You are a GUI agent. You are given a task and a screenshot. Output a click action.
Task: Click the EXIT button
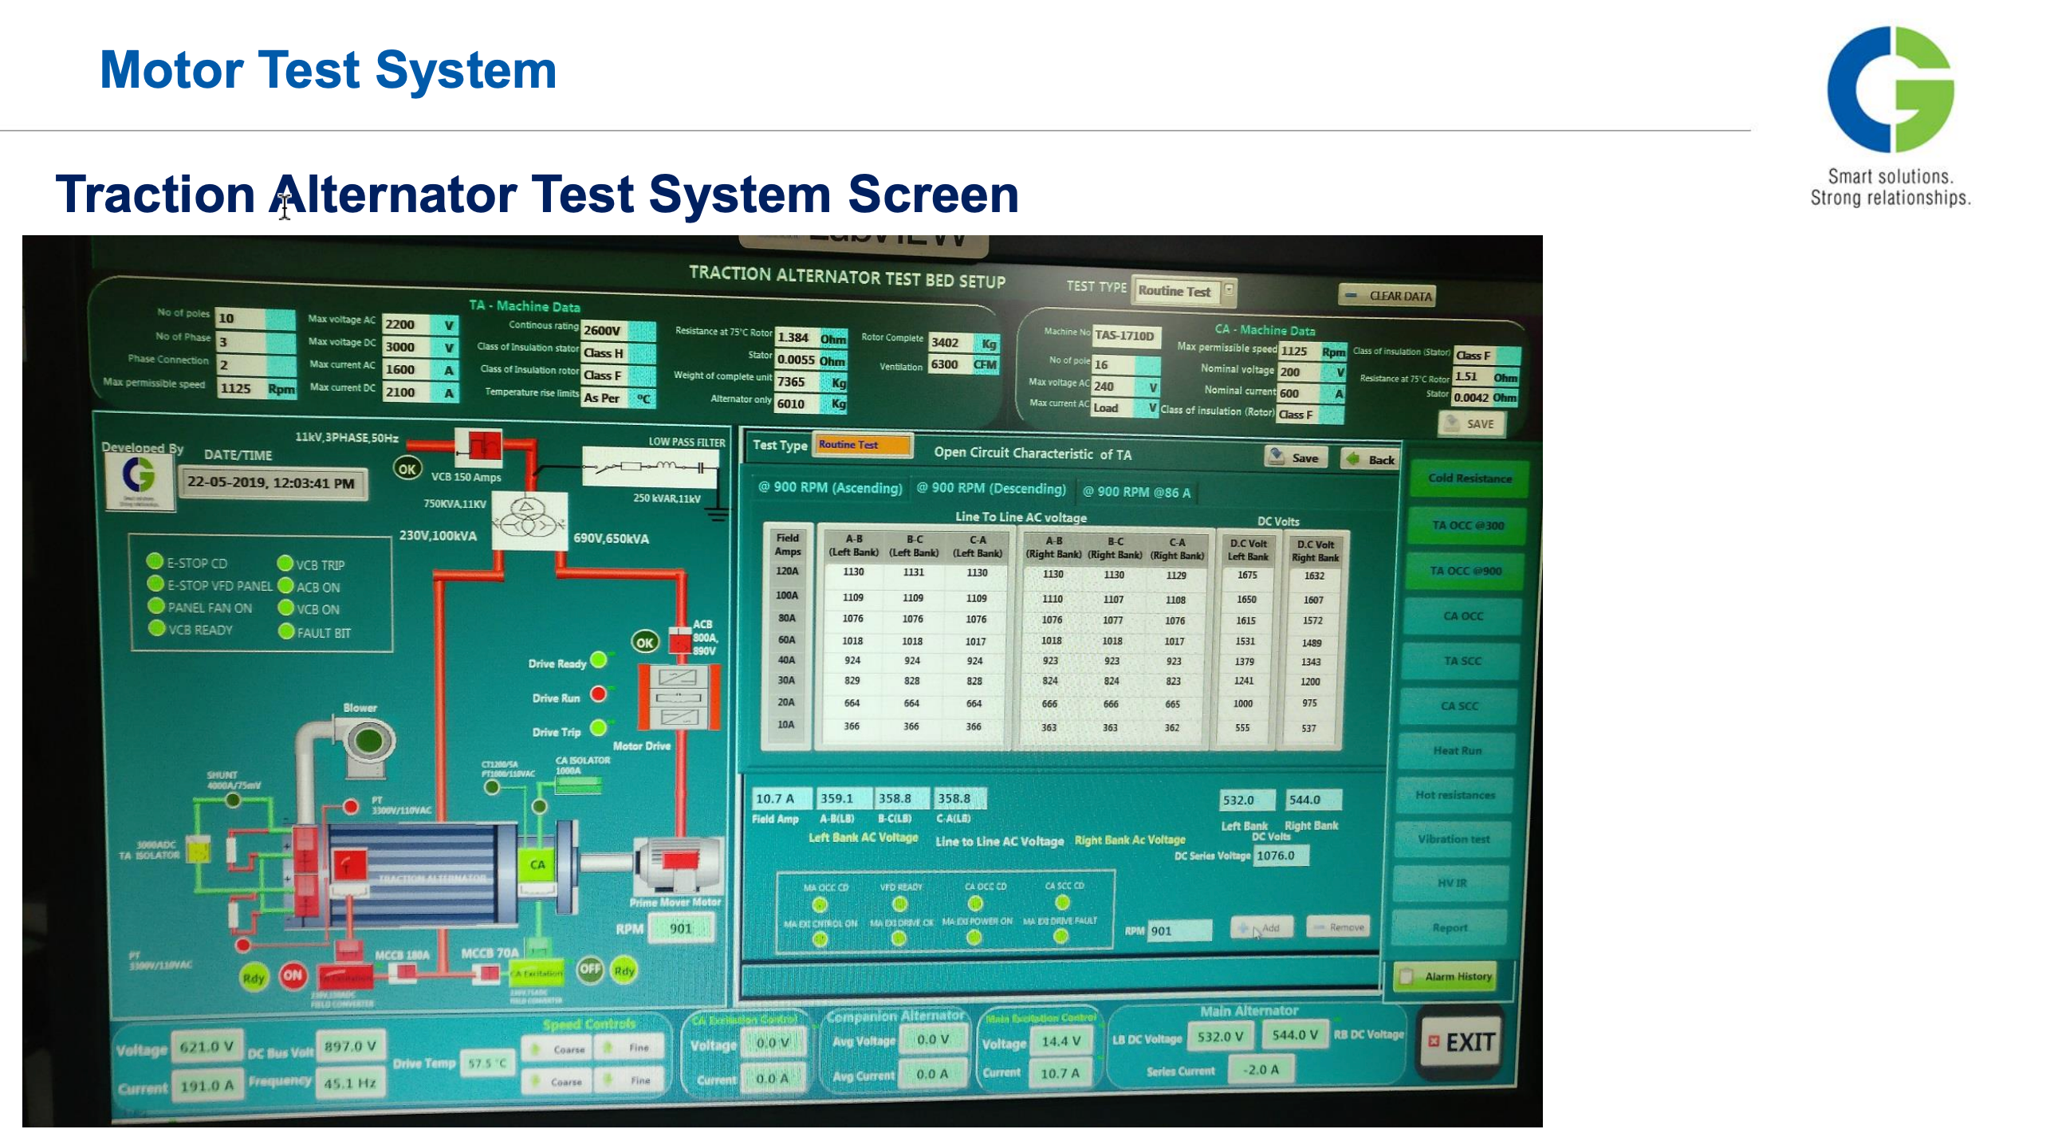point(1461,1042)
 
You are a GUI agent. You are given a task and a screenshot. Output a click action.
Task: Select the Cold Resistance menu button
point(1469,478)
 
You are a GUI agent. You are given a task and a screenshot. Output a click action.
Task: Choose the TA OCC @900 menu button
point(1466,571)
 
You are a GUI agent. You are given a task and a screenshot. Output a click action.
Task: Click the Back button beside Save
point(1371,459)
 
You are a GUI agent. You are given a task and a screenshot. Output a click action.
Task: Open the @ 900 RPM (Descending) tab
point(990,489)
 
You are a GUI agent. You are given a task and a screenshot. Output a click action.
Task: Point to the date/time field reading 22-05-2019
point(271,483)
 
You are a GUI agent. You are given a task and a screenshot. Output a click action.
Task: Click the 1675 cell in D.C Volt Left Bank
point(1247,575)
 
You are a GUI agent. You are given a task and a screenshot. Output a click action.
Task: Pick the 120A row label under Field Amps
point(787,571)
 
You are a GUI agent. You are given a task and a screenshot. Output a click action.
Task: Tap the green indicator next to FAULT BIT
point(285,631)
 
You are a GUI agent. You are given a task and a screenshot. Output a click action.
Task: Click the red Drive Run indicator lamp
point(598,694)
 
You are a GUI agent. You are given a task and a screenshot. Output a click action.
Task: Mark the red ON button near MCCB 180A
point(293,974)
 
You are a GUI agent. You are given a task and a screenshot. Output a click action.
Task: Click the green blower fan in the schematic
point(368,741)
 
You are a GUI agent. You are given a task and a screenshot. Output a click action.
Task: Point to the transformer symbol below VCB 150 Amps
point(528,520)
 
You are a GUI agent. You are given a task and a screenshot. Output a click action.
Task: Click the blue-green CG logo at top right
point(1890,89)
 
